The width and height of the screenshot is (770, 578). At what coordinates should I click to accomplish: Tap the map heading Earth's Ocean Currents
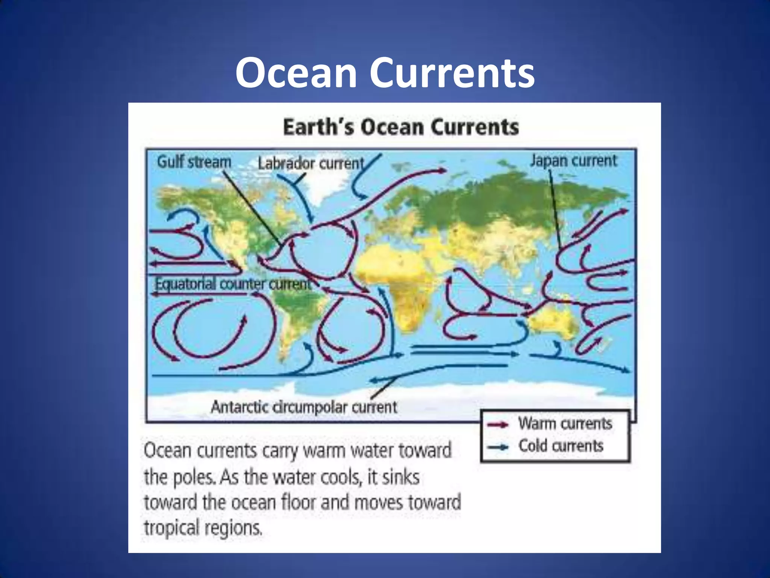click(401, 127)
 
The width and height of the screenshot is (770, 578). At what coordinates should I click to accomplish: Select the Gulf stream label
click(194, 162)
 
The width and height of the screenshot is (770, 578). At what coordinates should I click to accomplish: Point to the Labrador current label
click(311, 164)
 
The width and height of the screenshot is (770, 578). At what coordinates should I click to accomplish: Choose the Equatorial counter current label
click(233, 284)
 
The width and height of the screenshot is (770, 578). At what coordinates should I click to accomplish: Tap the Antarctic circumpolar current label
click(304, 407)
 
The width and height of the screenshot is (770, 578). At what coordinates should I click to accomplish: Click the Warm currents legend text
click(565, 424)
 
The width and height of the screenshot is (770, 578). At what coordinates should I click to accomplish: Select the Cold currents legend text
click(561, 446)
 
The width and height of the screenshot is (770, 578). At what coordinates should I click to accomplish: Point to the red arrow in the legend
click(498, 425)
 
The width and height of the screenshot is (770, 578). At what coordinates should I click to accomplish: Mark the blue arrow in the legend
click(498, 447)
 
